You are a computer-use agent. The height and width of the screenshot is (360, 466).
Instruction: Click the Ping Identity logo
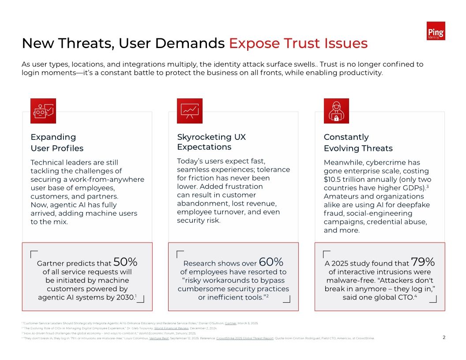pyautogui.click(x=436, y=31)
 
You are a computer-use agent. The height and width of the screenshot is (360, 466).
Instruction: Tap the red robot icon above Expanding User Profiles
pyautogui.click(x=43, y=111)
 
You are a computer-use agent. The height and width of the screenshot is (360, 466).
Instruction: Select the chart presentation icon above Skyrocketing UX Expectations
pyautogui.click(x=190, y=111)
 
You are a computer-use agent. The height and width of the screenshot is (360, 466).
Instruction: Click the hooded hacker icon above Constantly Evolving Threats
pyautogui.click(x=336, y=111)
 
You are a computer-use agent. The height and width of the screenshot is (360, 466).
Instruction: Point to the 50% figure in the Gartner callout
pyautogui.click(x=126, y=262)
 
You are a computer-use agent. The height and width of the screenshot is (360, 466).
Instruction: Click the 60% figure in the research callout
pyautogui.click(x=271, y=262)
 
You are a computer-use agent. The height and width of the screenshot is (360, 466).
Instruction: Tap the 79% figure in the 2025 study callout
pyautogui.click(x=423, y=262)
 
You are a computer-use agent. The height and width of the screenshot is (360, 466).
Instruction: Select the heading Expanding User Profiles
pyautogui.click(x=57, y=142)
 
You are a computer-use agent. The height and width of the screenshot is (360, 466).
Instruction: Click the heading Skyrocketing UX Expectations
pyautogui.click(x=211, y=142)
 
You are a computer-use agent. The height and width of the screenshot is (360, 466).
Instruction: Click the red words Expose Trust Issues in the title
pyautogui.click(x=298, y=43)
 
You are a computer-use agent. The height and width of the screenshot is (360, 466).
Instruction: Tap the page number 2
pyautogui.click(x=444, y=337)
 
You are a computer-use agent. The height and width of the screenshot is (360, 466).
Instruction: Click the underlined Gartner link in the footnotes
pyautogui.click(x=230, y=323)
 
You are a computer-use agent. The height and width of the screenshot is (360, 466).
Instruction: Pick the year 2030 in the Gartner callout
pyautogui.click(x=126, y=297)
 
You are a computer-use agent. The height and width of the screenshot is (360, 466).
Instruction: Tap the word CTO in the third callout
pyautogui.click(x=406, y=297)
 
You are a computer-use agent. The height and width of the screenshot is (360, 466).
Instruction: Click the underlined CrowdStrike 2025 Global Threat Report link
pyautogui.click(x=245, y=338)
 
